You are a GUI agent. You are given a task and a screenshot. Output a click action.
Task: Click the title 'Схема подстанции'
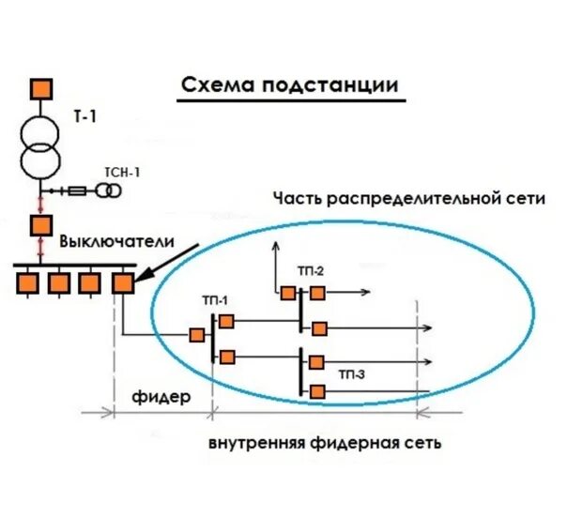tap(289, 85)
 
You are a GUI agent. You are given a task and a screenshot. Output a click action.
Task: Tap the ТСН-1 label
tap(122, 172)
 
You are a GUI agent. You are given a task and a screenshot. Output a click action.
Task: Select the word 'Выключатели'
tap(116, 241)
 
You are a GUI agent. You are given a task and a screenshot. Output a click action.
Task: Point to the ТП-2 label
tap(311, 272)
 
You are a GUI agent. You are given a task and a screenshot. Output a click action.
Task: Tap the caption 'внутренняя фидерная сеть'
tap(326, 442)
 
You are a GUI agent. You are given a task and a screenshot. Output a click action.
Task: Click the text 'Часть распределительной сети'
tap(408, 198)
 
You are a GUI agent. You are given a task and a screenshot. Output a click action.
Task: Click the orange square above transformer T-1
tap(40, 88)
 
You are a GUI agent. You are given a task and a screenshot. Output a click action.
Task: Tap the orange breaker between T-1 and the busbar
tap(40, 225)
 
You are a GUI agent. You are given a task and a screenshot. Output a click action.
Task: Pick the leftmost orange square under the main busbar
tap(31, 281)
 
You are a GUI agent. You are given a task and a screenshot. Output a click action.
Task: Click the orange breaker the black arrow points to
tap(122, 281)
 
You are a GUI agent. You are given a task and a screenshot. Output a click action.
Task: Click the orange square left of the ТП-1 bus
tap(197, 335)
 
